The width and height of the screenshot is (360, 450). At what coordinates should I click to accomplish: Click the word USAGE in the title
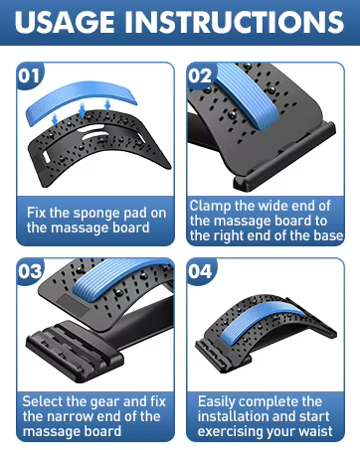[x=65, y=22]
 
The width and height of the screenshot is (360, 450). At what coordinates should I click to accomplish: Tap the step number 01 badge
[x=29, y=75]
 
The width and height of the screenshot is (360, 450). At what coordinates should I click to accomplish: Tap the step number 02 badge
[x=200, y=75]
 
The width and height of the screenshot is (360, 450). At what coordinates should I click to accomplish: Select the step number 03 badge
[x=30, y=271]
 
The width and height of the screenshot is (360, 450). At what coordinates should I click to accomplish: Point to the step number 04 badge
[x=201, y=271]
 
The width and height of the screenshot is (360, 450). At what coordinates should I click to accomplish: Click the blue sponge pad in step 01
[x=81, y=101]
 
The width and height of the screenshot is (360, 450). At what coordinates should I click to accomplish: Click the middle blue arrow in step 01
[x=83, y=110]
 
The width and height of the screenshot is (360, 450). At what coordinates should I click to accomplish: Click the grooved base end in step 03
[x=75, y=351]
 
